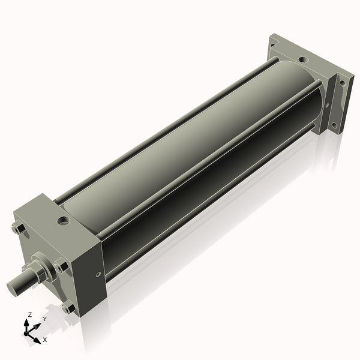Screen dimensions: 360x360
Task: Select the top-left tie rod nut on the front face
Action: (16, 228)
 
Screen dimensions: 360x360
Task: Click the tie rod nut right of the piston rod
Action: (62, 265)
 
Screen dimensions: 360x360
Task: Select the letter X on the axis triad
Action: (45, 340)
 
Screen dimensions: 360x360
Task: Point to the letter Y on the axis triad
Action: (44, 319)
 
